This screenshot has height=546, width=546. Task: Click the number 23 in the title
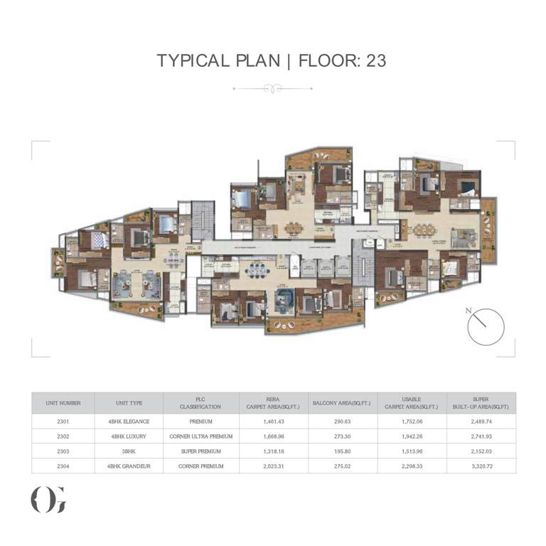point(376,60)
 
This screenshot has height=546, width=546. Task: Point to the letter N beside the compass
point(467,311)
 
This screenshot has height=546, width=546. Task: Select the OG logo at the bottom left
point(48,500)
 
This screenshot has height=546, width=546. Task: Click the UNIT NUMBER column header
point(63,403)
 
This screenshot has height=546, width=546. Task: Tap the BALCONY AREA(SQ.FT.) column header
point(341,403)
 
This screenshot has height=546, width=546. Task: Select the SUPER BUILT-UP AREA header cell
point(481,403)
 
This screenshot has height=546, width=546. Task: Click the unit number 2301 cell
point(63,422)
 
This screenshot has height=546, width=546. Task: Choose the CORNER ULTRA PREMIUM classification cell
point(201,437)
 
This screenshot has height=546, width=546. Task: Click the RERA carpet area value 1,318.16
point(272,451)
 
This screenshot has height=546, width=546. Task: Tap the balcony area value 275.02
point(341,466)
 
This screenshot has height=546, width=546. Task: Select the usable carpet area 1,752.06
point(412,422)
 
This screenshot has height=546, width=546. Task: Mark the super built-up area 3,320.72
point(481,466)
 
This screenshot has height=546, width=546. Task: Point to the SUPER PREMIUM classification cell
point(201,451)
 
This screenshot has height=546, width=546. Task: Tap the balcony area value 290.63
point(341,422)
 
